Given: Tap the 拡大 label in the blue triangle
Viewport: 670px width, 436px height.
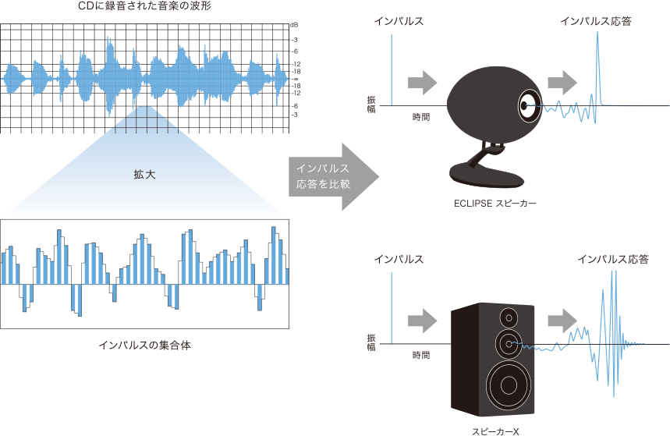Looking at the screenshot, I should [x=145, y=175].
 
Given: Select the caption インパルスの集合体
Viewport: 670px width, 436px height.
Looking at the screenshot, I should [x=146, y=344].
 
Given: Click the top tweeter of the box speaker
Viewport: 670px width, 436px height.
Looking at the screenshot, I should [x=509, y=318].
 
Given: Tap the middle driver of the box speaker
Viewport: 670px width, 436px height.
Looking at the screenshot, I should [x=509, y=343].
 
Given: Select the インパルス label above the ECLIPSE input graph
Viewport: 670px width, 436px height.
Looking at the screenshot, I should [x=399, y=21].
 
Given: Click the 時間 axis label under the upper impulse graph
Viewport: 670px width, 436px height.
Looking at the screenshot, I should [x=421, y=115].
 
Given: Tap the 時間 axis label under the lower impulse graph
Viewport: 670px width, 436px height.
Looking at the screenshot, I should [x=421, y=354].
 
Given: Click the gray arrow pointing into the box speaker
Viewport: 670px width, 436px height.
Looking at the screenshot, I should [x=421, y=321].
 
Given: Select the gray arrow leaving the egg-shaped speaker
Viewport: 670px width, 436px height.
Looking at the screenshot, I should [x=562, y=81].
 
